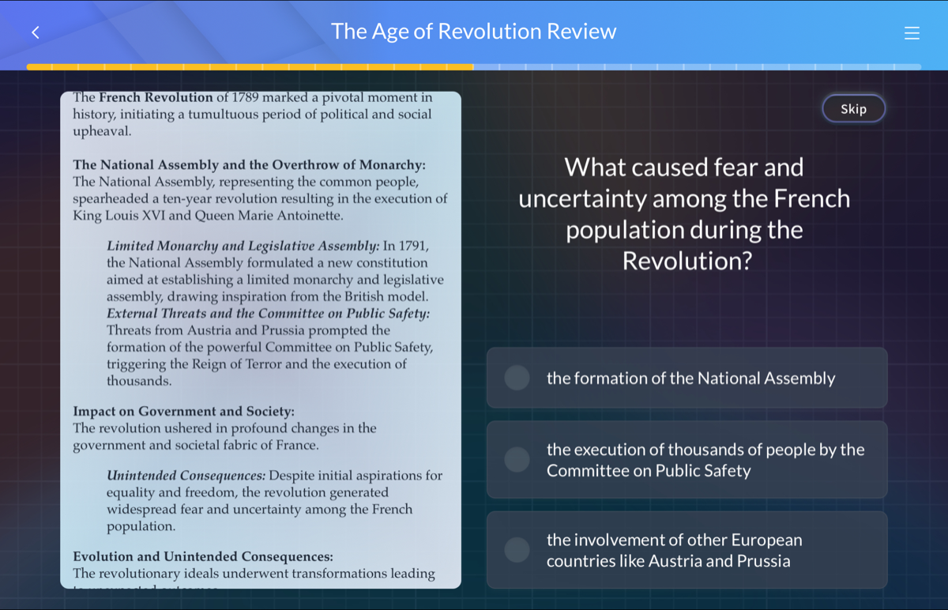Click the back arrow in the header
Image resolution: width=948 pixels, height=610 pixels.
click(36, 32)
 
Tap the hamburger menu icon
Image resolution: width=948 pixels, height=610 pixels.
click(912, 33)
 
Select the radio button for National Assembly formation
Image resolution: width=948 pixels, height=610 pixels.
click(517, 378)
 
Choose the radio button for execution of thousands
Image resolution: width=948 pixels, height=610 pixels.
click(517, 459)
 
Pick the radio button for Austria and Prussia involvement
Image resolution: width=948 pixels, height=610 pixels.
click(517, 550)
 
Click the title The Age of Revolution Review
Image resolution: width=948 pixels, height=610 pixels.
click(473, 32)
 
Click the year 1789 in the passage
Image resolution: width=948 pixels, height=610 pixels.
click(231, 98)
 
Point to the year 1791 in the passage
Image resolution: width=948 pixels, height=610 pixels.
click(414, 246)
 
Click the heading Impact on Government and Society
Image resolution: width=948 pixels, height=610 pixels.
click(183, 412)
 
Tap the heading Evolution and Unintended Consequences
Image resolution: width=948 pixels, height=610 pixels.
click(203, 557)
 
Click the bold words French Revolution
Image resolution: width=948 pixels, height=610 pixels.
click(156, 98)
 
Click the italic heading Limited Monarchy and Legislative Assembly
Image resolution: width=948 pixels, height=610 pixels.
click(243, 246)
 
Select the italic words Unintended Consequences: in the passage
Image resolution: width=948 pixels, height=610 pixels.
click(186, 476)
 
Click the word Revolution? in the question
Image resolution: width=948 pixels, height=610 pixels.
click(687, 261)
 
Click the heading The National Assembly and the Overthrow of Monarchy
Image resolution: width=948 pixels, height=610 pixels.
click(249, 165)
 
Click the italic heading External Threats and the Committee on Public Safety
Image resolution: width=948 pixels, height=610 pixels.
click(269, 314)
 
